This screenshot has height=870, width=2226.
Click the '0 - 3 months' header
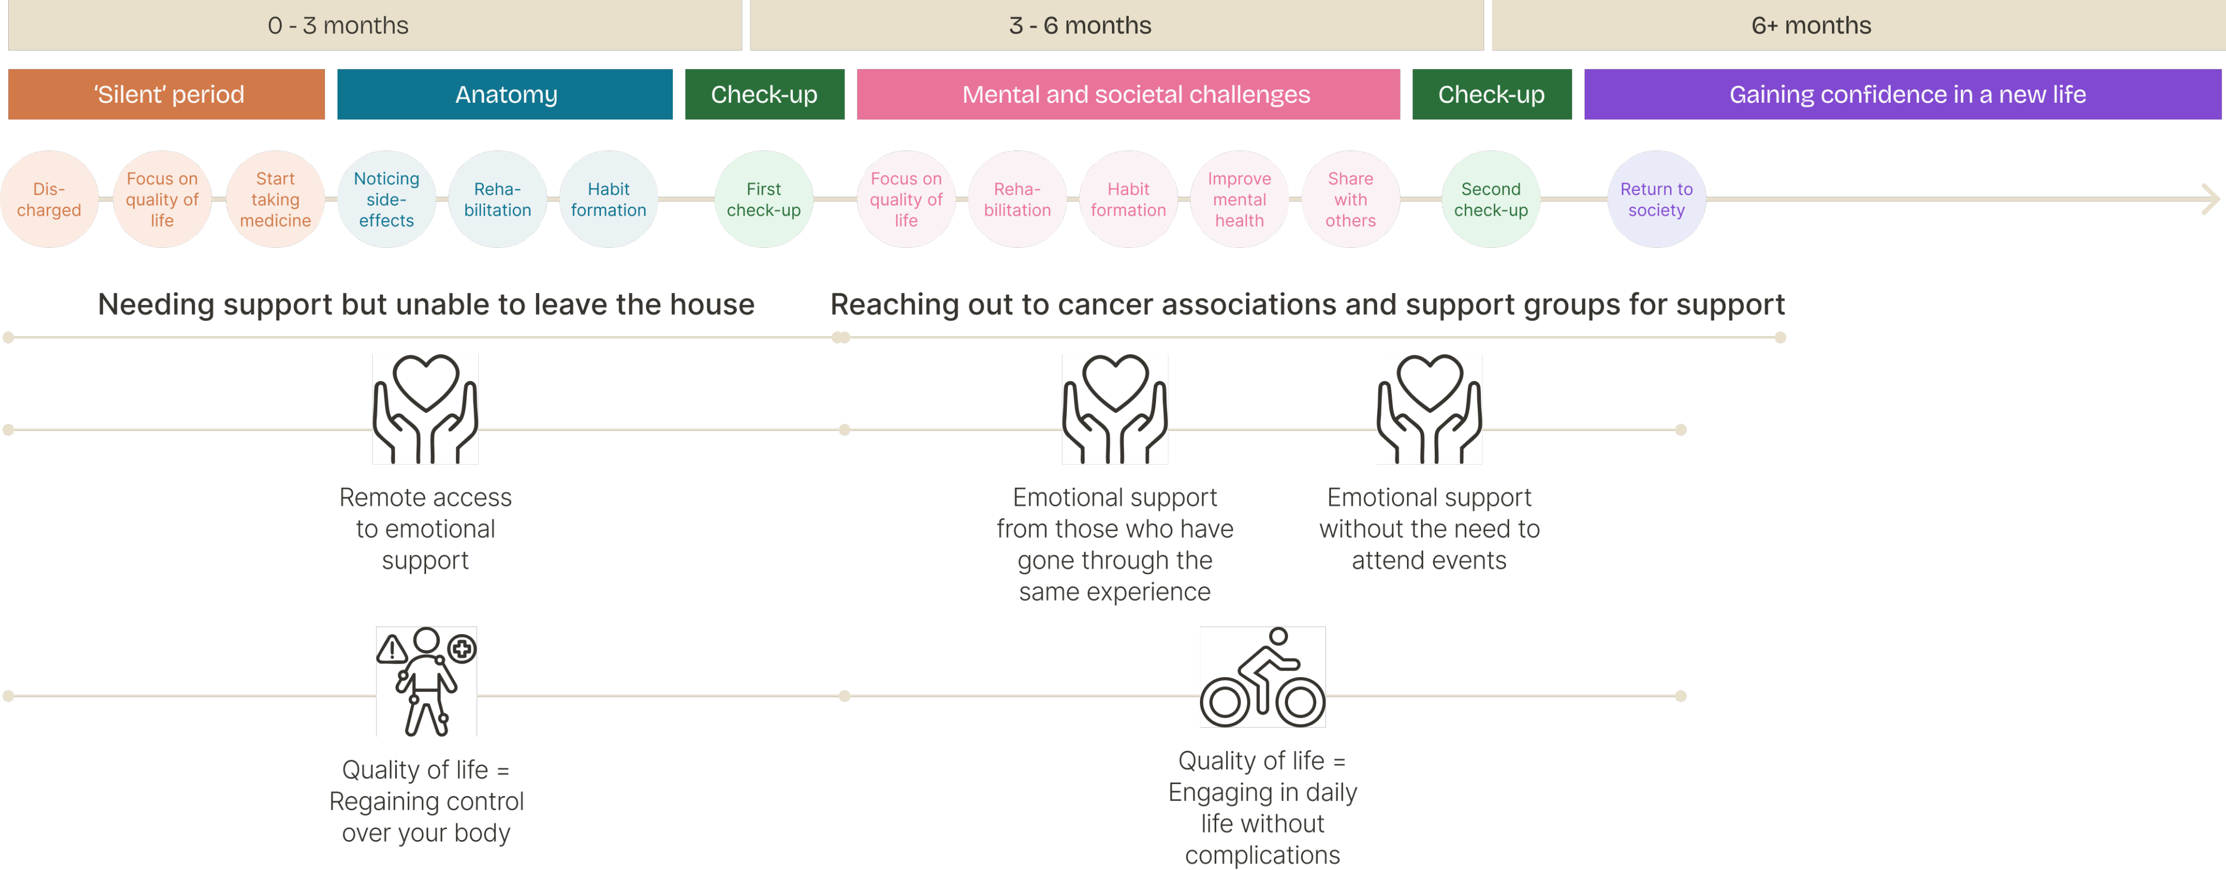(374, 25)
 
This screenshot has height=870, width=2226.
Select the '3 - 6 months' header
(1116, 25)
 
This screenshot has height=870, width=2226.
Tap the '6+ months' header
(1858, 25)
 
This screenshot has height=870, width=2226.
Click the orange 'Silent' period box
(167, 94)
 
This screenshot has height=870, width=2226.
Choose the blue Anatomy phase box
(505, 94)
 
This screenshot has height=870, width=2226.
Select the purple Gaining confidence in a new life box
(1902, 94)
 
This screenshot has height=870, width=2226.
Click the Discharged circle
(49, 199)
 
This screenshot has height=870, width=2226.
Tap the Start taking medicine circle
(275, 199)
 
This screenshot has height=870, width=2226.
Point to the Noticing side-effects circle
(386, 199)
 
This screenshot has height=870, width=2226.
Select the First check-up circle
(764, 199)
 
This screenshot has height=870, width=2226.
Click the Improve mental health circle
(1239, 199)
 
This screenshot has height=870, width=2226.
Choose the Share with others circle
(1350, 199)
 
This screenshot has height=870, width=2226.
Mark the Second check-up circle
(1491, 199)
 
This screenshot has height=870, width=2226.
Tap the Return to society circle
(1656, 199)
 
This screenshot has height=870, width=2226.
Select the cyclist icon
(1262, 677)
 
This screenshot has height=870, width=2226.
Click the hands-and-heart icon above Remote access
(425, 409)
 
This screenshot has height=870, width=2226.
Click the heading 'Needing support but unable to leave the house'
(426, 304)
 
